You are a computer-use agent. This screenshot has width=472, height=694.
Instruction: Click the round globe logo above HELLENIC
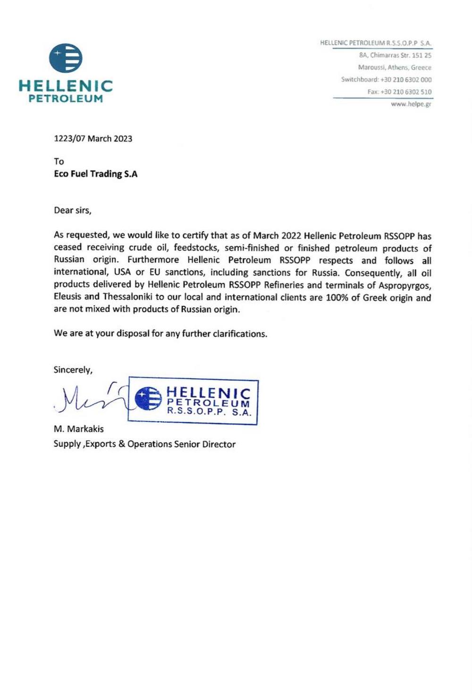coord(66,58)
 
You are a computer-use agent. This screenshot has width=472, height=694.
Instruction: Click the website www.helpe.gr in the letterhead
coord(411,104)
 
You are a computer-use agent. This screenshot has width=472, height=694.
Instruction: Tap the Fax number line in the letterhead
coord(399,92)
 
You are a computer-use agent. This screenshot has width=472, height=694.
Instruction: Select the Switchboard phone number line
coord(386,80)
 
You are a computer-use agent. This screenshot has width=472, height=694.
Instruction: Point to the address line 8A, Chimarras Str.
coord(395,55)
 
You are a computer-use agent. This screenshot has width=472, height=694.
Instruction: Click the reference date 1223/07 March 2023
coord(93,139)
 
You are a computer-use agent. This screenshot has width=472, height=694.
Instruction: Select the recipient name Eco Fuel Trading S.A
coord(96,174)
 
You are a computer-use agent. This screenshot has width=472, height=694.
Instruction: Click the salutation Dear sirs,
coord(72,210)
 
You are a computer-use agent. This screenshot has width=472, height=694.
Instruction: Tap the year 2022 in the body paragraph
coord(291,235)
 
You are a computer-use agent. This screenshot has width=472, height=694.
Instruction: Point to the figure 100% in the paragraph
coord(337,298)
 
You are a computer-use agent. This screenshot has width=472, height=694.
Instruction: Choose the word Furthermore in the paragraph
coord(153,260)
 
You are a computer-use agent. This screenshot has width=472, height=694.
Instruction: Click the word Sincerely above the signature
coord(73,370)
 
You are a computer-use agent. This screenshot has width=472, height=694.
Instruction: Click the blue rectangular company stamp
coord(194,401)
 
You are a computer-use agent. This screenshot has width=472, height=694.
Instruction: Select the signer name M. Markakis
coord(79,429)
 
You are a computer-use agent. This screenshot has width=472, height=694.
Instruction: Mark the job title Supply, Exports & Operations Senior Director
coord(144,444)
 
